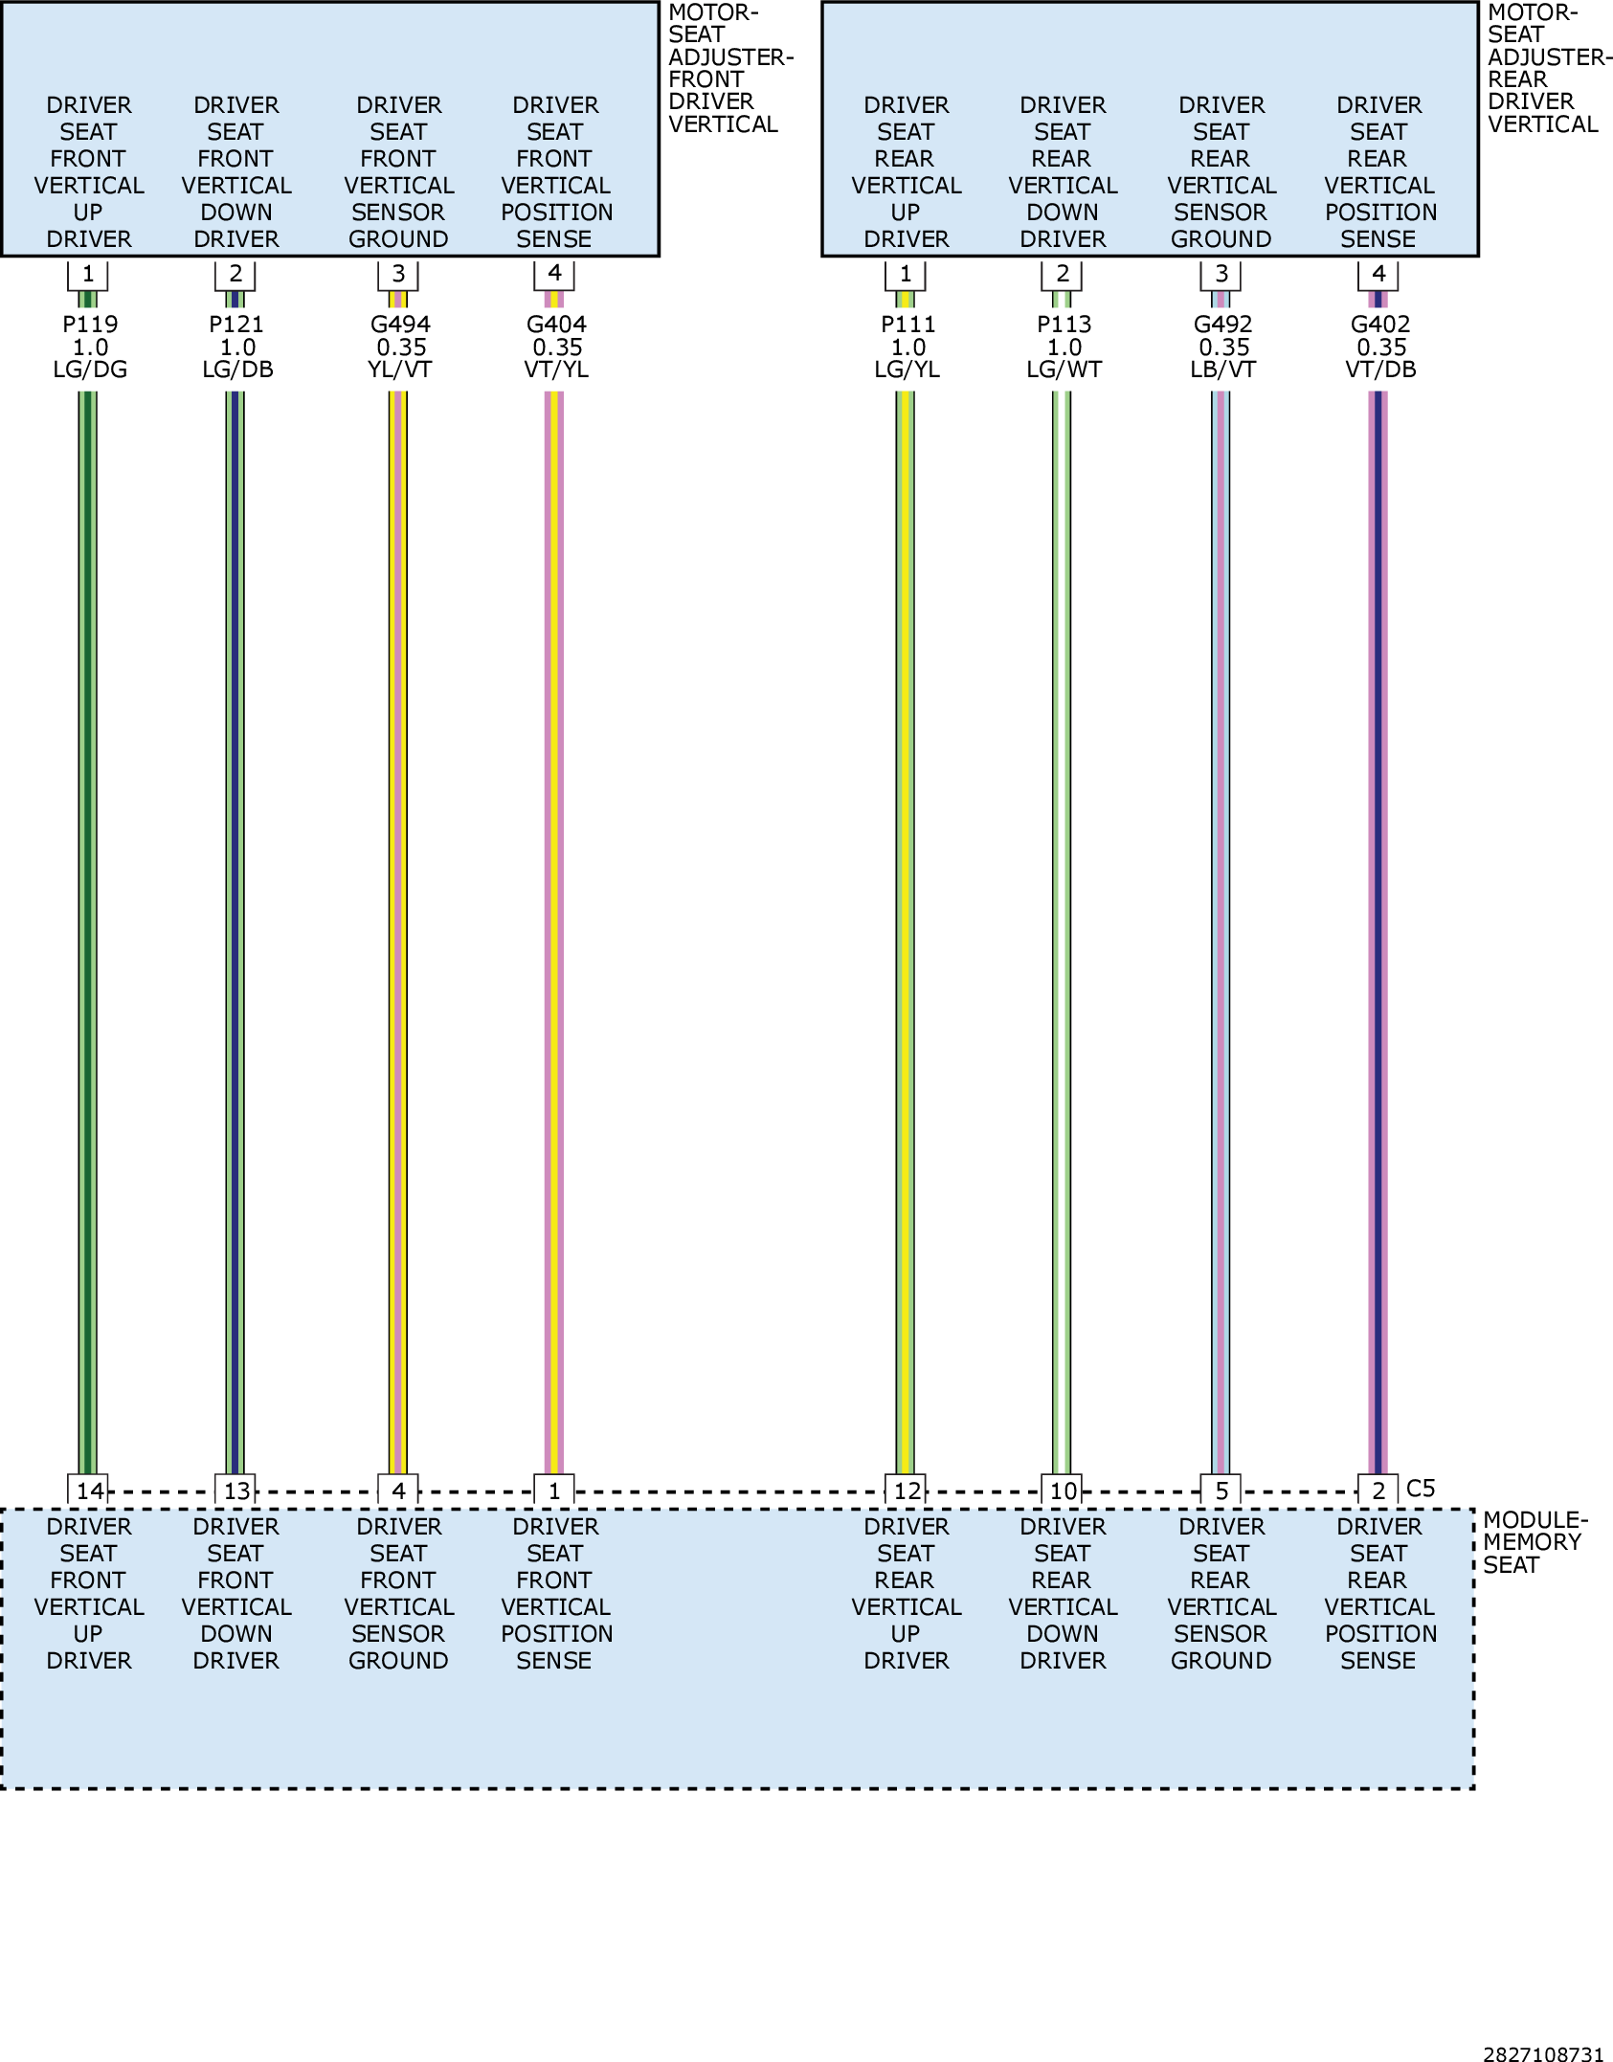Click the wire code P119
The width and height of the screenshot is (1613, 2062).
pos(90,325)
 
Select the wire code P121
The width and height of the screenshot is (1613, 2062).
pos(236,325)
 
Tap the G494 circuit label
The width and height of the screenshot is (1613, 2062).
pos(400,325)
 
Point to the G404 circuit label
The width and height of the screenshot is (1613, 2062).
pos(556,325)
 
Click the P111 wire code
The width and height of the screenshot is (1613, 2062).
pos(907,325)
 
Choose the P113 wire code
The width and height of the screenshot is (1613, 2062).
pos(1064,325)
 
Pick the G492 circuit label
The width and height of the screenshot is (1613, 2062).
pos(1222,325)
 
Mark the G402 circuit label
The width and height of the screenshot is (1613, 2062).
pos(1380,325)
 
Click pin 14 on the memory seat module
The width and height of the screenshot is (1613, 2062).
pos(89,1490)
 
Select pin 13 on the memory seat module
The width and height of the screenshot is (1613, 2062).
pos(236,1490)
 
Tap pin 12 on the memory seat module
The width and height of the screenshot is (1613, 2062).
pos(907,1490)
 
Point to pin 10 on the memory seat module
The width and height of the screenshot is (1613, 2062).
pos(1063,1490)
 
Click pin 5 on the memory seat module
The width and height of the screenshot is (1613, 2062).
pos(1221,1490)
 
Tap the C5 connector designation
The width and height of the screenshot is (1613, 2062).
pos(1421,1489)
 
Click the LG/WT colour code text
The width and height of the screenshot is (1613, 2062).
pos(1064,370)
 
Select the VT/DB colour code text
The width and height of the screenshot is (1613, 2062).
pos(1380,370)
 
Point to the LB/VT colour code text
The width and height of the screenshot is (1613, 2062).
pos(1222,370)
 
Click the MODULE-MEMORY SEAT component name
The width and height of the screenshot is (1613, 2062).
pos(1535,1542)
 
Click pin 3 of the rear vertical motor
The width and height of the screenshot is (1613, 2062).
pos(1221,274)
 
